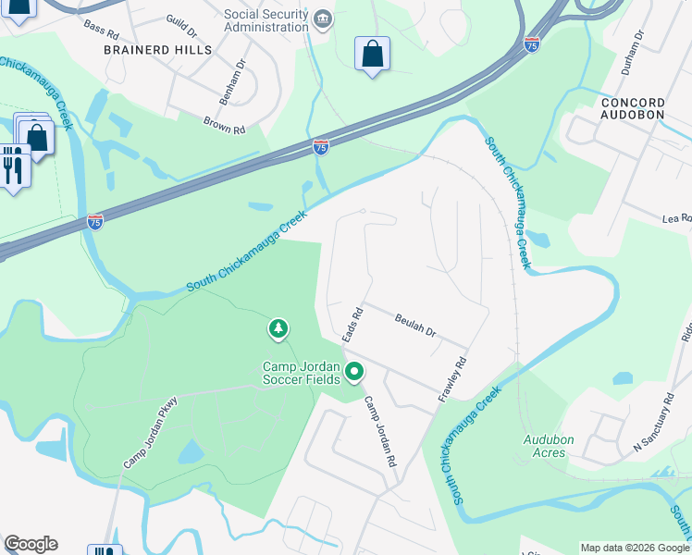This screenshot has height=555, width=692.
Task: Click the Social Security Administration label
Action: tap(266, 20)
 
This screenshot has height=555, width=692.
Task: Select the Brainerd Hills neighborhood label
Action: tap(157, 50)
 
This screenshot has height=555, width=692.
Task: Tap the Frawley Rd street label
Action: tap(452, 379)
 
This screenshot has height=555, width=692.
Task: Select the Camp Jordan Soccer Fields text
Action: tap(303, 373)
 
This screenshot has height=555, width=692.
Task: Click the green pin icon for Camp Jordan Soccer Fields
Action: tap(354, 373)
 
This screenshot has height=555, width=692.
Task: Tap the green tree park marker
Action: tap(278, 328)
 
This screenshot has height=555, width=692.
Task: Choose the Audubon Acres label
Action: tap(549, 447)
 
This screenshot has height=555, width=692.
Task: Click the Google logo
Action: tap(31, 544)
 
